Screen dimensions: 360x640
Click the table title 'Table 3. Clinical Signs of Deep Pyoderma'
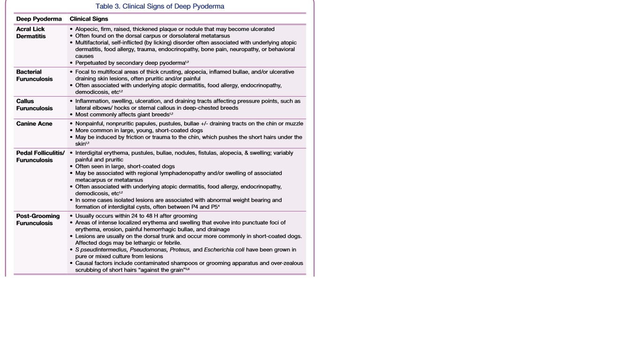pyautogui.click(x=160, y=7)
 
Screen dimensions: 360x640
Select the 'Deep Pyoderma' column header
pyautogui.click(x=39, y=19)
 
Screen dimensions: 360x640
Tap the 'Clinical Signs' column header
pyautogui.click(x=89, y=19)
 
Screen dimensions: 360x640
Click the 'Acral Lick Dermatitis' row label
pyautogui.click(x=31, y=32)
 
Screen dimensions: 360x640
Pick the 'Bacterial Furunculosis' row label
pyautogui.click(x=34, y=75)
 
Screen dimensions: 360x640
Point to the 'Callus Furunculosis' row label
pyautogui.click(x=34, y=105)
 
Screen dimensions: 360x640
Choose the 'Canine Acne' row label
pyautogui.click(x=34, y=124)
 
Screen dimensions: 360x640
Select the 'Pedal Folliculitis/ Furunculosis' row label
pyautogui.click(x=40, y=157)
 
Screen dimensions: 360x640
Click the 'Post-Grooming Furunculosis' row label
pyautogui.click(x=38, y=219)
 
